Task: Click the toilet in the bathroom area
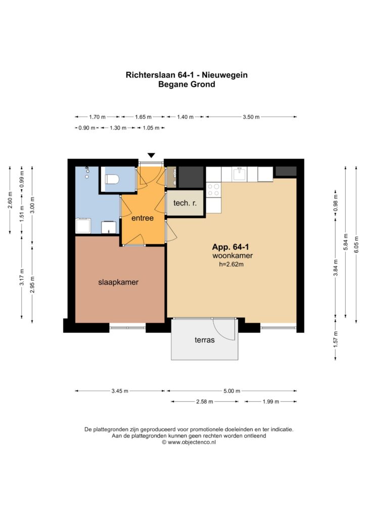[111, 179]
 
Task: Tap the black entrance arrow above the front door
[151, 156]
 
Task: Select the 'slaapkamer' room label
[118, 282]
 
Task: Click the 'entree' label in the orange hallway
[143, 219]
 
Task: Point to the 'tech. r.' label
[185, 203]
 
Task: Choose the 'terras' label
[204, 340]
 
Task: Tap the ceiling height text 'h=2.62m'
[232, 265]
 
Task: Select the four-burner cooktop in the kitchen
[213, 190]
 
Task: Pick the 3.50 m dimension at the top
[251, 117]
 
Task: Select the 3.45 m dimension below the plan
[120, 391]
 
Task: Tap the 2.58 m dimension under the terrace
[204, 402]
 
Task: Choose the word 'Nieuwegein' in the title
[228, 75]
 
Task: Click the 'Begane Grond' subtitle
[187, 84]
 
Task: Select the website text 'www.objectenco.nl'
[192, 442]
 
